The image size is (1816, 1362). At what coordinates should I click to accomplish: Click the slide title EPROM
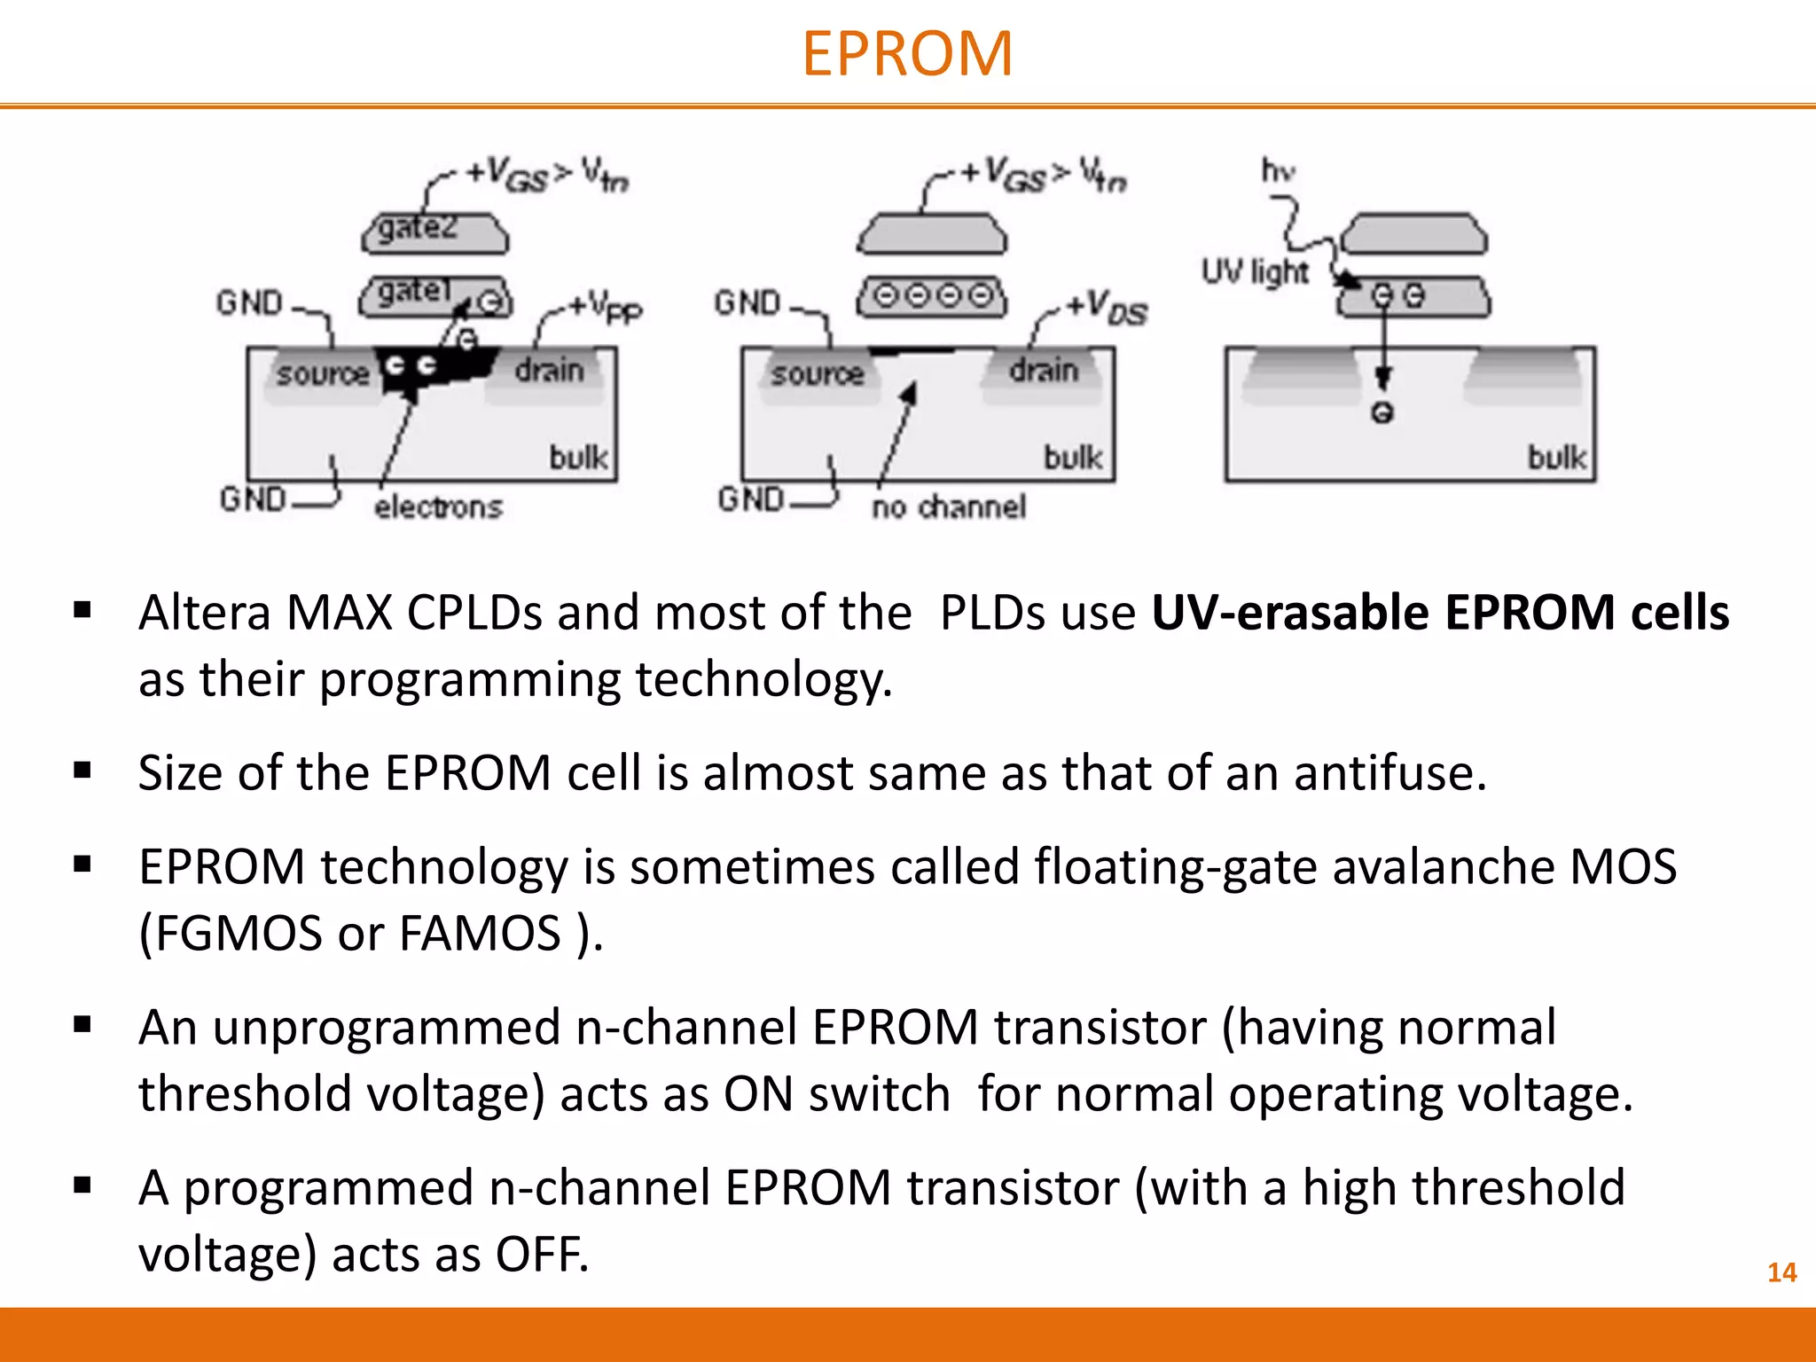click(907, 54)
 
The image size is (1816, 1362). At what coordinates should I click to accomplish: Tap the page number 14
click(1781, 1272)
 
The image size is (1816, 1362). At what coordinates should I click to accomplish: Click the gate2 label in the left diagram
click(418, 228)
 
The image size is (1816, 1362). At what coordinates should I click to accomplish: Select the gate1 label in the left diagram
click(414, 290)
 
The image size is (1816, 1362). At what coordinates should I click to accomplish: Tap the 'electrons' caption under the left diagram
click(438, 506)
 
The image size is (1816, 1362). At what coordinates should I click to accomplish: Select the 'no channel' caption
click(949, 506)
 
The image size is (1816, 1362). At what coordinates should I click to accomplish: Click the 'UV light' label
click(1254, 271)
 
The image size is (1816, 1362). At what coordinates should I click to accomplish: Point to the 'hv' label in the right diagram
click(1278, 169)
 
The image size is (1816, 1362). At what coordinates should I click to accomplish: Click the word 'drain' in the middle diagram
click(1044, 370)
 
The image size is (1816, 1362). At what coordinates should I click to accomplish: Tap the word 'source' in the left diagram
click(322, 373)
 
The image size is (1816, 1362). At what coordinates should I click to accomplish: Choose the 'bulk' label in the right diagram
click(1556, 458)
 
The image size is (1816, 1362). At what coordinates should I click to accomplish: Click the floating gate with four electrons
click(932, 295)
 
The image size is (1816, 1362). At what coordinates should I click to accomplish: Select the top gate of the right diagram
click(1413, 235)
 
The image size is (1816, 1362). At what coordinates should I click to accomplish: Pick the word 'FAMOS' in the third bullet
click(480, 933)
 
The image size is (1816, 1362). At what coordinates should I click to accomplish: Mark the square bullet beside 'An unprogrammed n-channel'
click(83, 1026)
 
